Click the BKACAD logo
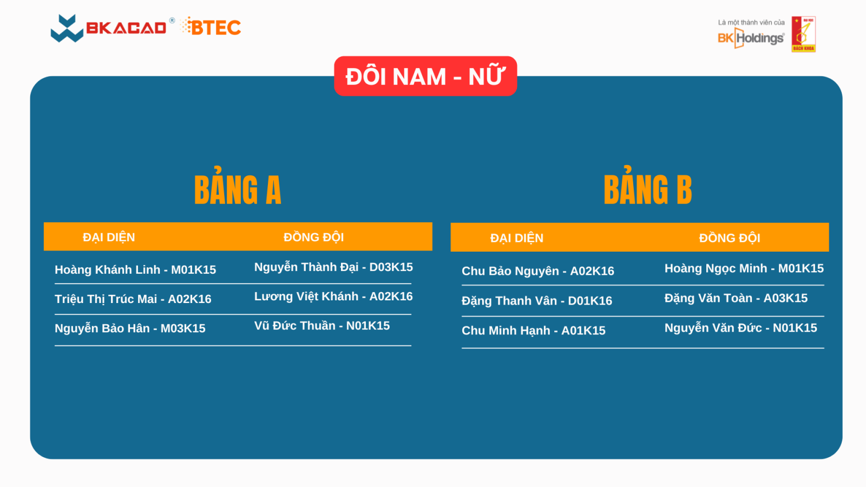point(109,28)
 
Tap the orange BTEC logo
point(211,27)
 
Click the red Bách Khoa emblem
point(803,34)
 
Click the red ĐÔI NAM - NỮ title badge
point(425,76)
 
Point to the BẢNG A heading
point(238,187)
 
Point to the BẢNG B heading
point(647,187)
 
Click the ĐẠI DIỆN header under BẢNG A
point(109,238)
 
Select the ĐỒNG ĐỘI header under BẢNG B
point(730,238)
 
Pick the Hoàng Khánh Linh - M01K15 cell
point(135,270)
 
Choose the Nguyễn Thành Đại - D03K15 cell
point(333,267)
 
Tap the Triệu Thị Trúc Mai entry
point(133,299)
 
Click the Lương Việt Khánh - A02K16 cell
point(333,297)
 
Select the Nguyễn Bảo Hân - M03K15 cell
point(130,328)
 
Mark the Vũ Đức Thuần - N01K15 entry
point(322,326)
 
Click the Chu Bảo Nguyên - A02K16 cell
point(538,271)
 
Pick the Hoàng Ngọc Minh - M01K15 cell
point(744,268)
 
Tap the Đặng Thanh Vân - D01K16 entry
point(536,301)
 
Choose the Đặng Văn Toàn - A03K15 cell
point(736,298)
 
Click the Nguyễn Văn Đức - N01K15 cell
point(740,328)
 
